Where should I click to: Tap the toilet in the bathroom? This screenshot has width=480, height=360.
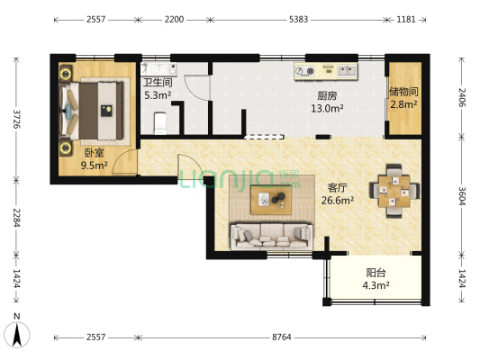click(x=159, y=123)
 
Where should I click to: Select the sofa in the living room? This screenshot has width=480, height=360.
click(x=272, y=237)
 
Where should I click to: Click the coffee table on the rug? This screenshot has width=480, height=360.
click(x=271, y=200)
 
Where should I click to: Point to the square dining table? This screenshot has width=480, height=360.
click(x=394, y=191)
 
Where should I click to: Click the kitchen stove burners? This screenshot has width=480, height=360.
click(x=305, y=71)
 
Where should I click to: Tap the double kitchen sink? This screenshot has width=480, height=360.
click(x=347, y=71)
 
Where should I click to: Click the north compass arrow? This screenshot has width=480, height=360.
click(x=17, y=334)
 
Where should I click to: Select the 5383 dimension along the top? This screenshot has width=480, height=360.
click(x=298, y=20)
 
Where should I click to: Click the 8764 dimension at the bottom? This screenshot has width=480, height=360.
click(x=282, y=337)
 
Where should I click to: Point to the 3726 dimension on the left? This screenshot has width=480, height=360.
click(x=16, y=119)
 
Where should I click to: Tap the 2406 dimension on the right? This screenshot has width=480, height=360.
click(x=462, y=97)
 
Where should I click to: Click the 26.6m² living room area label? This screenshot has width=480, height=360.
click(x=338, y=201)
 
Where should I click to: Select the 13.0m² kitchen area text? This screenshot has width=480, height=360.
click(x=327, y=108)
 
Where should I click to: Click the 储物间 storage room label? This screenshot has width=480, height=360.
click(x=403, y=92)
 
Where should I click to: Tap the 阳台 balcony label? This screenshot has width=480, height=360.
click(x=376, y=272)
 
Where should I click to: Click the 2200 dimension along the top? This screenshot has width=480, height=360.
click(x=174, y=20)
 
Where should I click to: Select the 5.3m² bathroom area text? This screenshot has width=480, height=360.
click(x=158, y=95)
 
